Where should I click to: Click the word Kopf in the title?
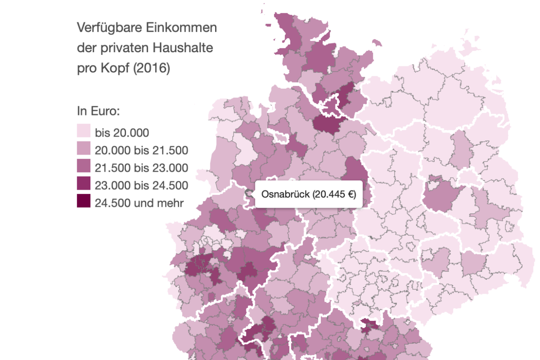click(114, 68)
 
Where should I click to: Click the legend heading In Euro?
click(98, 112)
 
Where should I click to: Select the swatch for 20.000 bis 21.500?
click(84, 150)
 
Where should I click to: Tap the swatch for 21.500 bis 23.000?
click(84, 167)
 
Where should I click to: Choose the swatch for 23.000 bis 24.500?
click(84, 185)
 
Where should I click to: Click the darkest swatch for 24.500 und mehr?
click(84, 202)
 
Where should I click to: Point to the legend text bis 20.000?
click(122, 133)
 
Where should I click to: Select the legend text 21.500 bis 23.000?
click(141, 168)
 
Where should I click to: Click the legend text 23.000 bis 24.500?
click(141, 185)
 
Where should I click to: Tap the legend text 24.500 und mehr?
click(139, 202)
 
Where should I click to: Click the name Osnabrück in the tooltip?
click(285, 194)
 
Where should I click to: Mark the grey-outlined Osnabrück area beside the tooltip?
click(249, 194)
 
